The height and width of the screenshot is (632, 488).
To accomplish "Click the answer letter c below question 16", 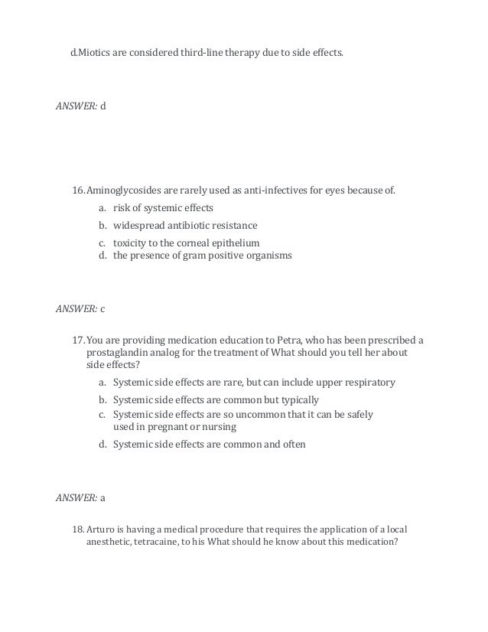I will [103, 309].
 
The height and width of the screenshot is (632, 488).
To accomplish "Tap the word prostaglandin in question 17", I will [115, 353].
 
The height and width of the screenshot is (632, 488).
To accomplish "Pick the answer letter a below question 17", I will [103, 497].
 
